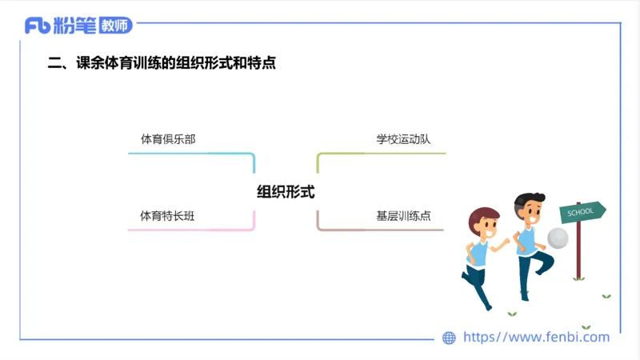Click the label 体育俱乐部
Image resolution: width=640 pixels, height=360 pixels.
168,139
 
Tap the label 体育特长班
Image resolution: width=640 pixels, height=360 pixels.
168,215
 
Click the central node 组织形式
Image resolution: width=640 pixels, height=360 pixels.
286,192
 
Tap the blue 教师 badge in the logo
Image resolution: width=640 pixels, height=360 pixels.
115,26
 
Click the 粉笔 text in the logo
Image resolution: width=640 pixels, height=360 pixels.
75,26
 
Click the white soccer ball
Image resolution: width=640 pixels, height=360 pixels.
558,238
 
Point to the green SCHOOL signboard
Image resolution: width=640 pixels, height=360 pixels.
582,212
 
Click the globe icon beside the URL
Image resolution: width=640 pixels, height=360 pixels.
450,338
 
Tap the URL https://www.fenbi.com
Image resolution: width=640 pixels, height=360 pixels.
537,338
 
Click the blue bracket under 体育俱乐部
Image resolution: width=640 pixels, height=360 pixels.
192,154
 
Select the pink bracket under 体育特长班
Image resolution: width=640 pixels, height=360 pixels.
192,230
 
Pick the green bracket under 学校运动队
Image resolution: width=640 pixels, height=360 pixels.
380,153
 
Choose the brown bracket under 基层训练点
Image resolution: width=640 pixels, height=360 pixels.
380,230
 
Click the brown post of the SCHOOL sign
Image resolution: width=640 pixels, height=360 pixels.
578,252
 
